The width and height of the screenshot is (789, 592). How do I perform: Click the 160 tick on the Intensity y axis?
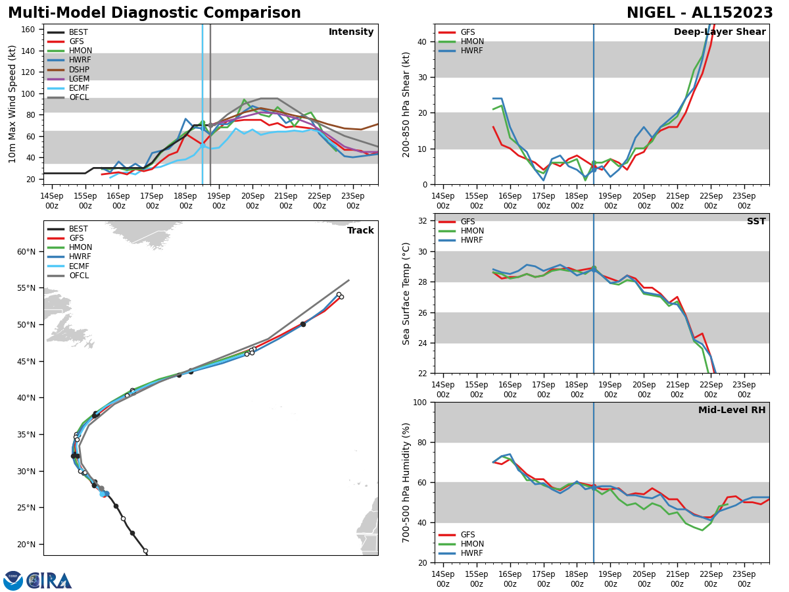pos(28,30)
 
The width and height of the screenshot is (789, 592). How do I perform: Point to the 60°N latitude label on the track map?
pos(26,251)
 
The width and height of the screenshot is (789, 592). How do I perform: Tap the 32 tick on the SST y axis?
pos(423,221)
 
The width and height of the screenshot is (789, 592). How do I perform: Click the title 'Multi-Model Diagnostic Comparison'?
pos(155,13)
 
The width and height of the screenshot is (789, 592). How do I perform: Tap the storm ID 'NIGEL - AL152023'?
pos(699,13)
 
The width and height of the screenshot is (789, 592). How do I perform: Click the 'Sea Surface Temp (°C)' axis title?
pos(407,293)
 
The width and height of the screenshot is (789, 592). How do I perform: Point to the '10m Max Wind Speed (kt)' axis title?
pos(13,104)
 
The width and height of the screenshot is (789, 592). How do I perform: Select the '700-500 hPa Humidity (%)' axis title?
pos(407,482)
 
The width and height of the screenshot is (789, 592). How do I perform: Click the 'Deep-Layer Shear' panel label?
pos(719,32)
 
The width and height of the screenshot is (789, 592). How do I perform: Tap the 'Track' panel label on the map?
pos(360,230)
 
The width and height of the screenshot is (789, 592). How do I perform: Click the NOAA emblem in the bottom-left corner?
pos(13,581)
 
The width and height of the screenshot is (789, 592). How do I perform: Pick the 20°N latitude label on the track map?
pos(26,544)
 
